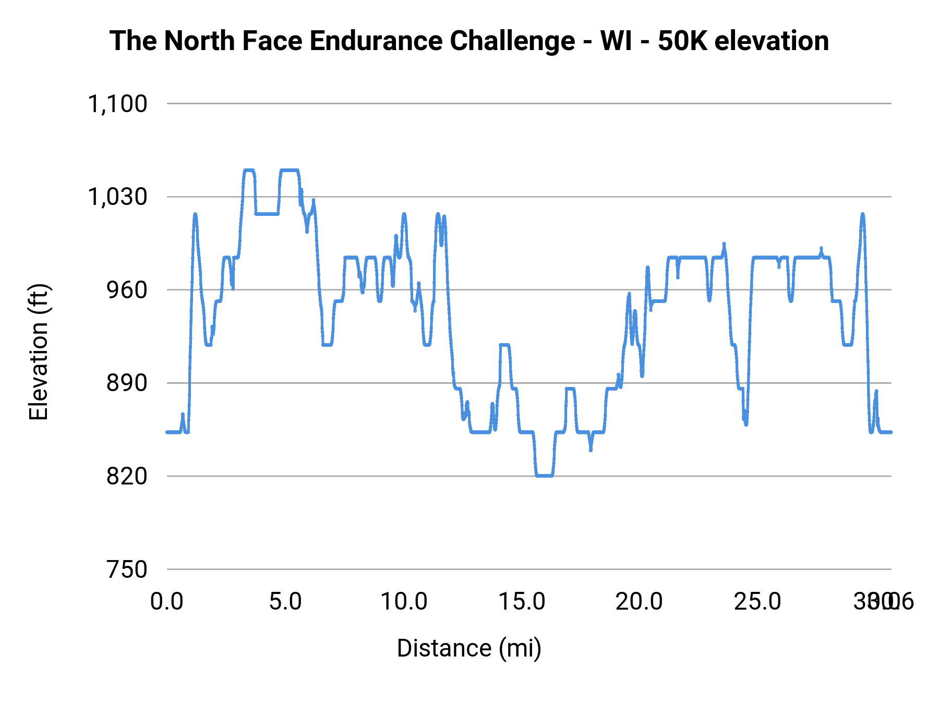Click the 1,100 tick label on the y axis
117,104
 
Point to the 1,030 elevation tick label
117,197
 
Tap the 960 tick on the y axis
127,290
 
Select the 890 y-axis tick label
127,383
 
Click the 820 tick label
127,476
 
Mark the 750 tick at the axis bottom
127,569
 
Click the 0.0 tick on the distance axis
167,602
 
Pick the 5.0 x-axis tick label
285,602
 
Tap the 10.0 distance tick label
404,602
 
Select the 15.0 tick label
522,602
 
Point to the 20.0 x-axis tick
640,602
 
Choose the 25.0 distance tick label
757,602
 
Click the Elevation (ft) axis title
39,352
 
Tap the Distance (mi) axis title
469,648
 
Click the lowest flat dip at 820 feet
544,475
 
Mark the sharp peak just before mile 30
862,215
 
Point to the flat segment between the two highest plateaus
267,213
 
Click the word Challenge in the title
512,41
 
